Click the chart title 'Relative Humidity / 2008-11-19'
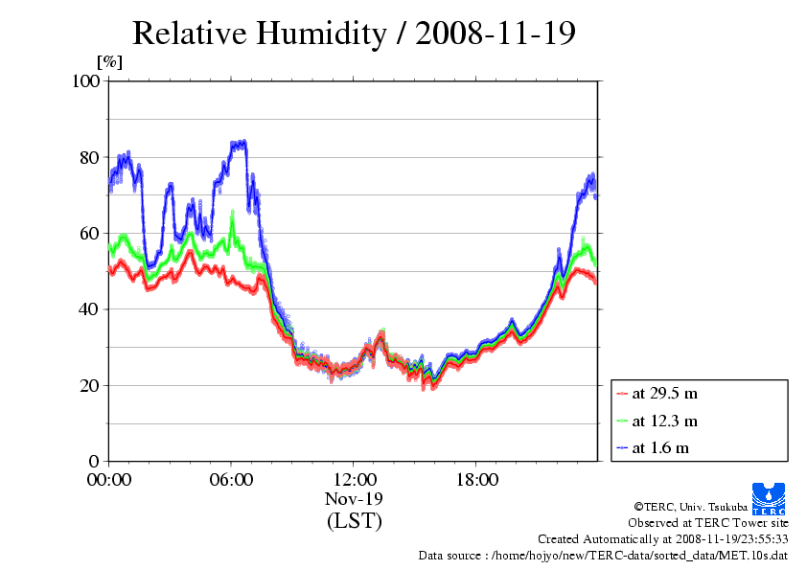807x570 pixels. coord(354,34)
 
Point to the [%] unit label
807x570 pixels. coord(110,63)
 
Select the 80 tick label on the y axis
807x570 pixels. coord(90,157)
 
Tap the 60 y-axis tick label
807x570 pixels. coord(90,233)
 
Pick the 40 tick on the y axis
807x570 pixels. coord(90,309)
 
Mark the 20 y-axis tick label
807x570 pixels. coord(90,385)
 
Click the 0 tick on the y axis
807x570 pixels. coord(95,462)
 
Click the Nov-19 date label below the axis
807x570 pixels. coord(354,499)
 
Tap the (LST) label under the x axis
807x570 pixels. coord(354,521)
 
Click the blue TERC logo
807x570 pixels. coord(769,493)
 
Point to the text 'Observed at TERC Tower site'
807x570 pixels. coord(708,523)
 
